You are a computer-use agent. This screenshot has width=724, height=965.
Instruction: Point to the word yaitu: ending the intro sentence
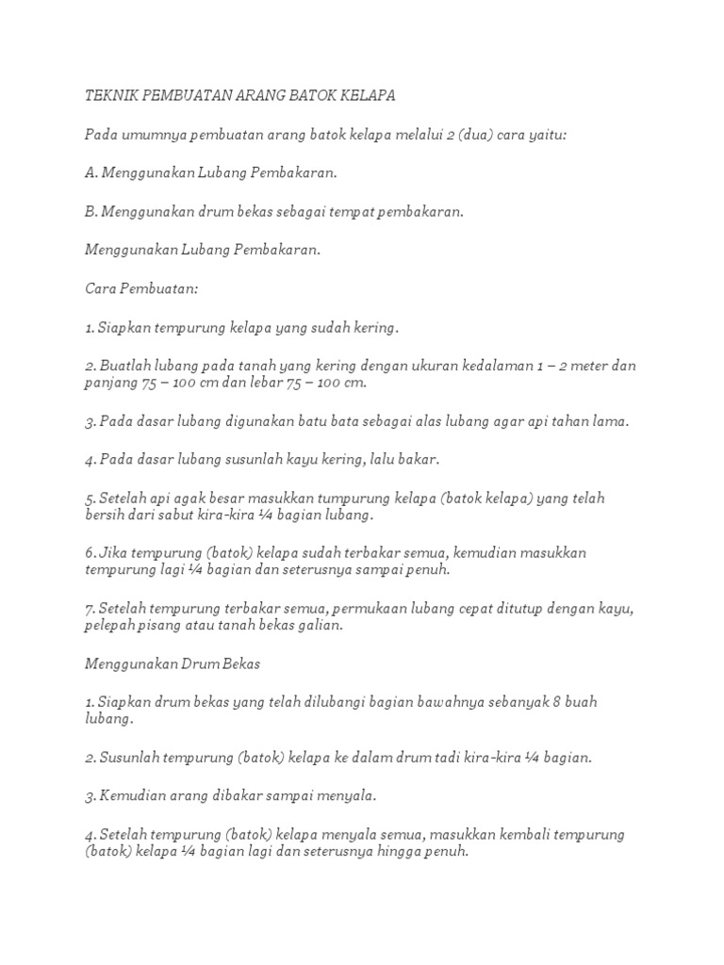coord(547,135)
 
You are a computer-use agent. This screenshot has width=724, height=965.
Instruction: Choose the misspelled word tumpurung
coord(349,499)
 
